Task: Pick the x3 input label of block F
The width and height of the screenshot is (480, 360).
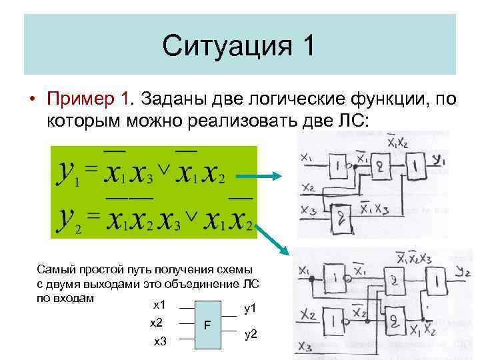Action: tap(161, 341)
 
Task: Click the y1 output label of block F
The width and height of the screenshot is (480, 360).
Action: tap(251, 309)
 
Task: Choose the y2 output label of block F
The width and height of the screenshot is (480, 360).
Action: tap(251, 334)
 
